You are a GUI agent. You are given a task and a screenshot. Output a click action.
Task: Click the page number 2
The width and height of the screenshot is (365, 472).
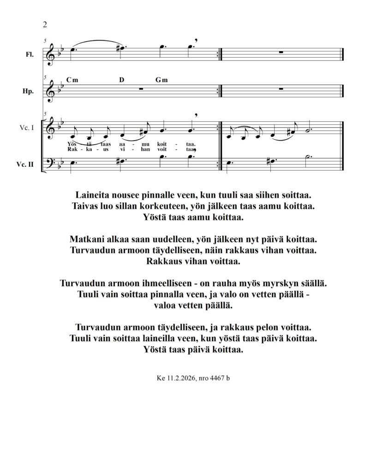[x=45, y=24]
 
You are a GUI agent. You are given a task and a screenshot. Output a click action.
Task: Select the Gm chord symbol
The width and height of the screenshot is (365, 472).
[x=162, y=80]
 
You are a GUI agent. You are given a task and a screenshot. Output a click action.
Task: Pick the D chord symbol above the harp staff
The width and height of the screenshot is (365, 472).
[x=122, y=80]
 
